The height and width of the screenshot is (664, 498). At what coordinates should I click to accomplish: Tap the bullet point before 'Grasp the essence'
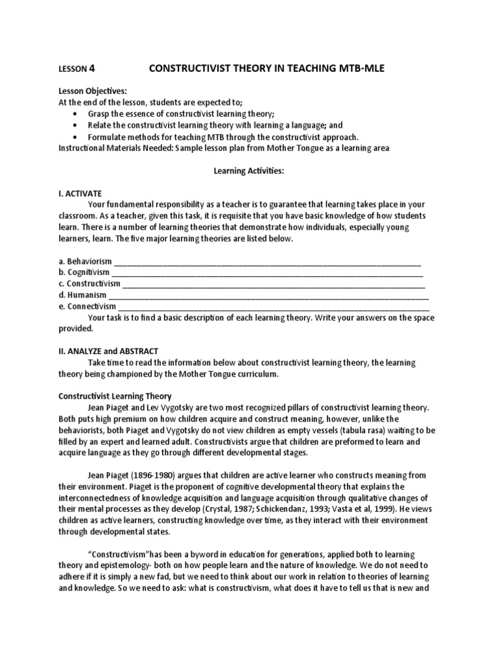[x=75, y=113]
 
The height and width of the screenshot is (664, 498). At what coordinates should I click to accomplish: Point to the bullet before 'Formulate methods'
[x=75, y=137]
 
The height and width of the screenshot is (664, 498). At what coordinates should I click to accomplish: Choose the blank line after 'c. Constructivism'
[x=274, y=284]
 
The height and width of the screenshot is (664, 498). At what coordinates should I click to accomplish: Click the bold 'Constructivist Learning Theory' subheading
[x=115, y=396]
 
